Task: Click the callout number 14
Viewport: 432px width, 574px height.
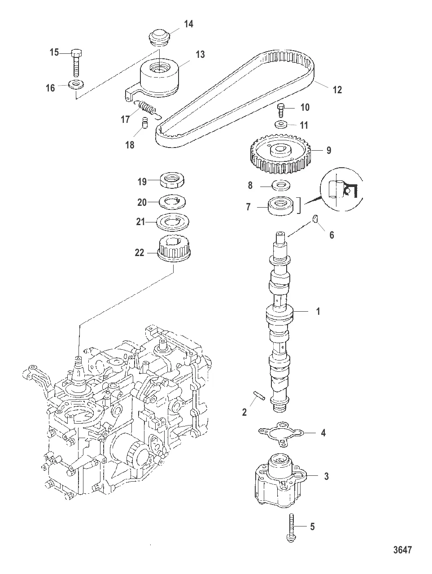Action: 188,24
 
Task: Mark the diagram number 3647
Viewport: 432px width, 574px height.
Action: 403,550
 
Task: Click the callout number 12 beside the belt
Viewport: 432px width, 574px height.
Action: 337,90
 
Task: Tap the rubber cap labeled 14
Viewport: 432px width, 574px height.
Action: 159,36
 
